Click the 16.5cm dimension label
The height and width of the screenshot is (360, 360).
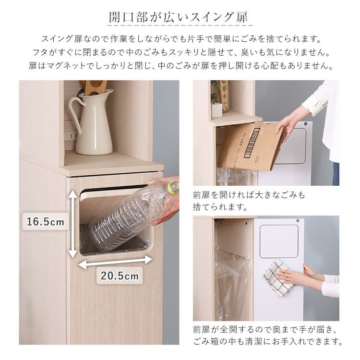point(46,222)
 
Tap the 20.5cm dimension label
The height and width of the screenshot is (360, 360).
point(120,276)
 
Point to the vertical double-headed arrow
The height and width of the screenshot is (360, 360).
point(73,224)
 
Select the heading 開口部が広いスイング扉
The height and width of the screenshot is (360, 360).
point(179,17)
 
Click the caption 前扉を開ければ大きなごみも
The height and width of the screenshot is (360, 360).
point(249,195)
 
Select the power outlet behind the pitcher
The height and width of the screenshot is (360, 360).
point(73,136)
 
